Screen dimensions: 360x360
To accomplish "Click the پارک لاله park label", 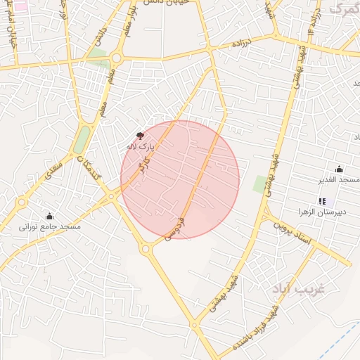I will [x=139, y=147].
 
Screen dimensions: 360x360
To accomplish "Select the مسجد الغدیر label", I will [x=340, y=180].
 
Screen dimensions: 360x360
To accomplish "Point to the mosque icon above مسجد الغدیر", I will [x=340, y=169].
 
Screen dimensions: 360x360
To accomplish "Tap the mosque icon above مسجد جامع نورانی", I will [x=49, y=216].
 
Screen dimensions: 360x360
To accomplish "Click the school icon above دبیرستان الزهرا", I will [x=322, y=201].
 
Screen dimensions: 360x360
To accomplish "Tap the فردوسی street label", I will [x=176, y=229].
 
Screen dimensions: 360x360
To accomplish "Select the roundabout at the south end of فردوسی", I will [x=146, y=247].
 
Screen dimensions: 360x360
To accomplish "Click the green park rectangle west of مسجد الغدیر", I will [x=260, y=184].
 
